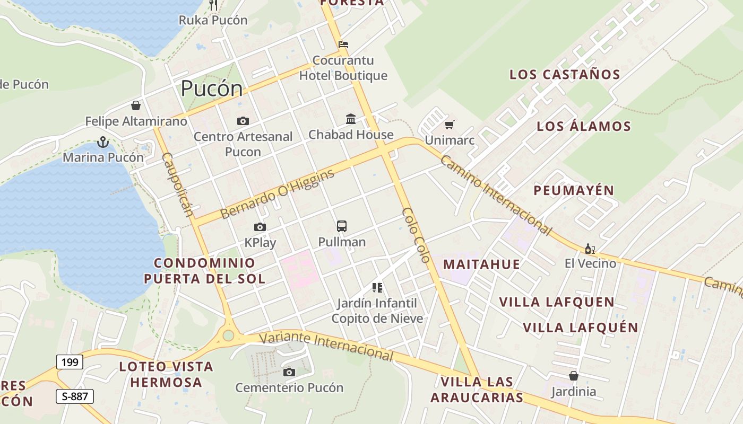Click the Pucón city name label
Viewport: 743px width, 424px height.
(212, 89)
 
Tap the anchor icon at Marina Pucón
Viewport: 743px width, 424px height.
(103, 142)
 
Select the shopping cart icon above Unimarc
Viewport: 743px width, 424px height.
(450, 125)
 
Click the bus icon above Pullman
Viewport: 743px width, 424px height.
(342, 226)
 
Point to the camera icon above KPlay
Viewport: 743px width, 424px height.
(260, 227)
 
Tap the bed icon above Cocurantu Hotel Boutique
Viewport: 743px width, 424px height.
(343, 44)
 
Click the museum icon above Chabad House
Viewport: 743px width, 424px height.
(351, 119)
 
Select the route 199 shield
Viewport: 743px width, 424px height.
(70, 362)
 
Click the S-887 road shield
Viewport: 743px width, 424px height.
(74, 396)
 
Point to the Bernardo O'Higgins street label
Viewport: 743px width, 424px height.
(278, 194)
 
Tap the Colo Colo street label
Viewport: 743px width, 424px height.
(416, 235)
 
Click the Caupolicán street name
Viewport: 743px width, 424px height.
(177, 184)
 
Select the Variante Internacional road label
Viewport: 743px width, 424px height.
(327, 346)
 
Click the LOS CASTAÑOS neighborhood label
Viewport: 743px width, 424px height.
(565, 75)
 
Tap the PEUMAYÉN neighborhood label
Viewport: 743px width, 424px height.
(574, 190)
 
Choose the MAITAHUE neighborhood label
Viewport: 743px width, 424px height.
(481, 264)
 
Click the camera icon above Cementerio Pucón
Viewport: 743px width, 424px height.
(289, 372)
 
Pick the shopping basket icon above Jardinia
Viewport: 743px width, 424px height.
(574, 376)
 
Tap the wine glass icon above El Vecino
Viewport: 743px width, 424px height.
(590, 248)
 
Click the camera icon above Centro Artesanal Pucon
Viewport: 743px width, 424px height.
(243, 121)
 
